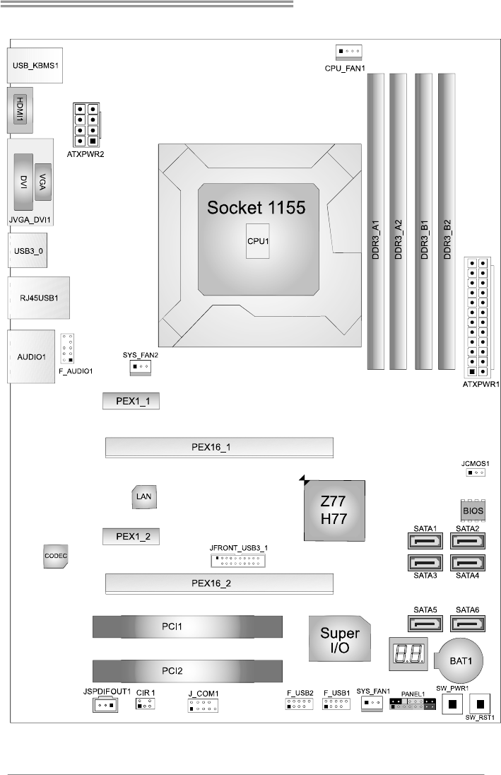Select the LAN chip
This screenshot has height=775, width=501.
(x=144, y=497)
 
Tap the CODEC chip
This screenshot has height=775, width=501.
(x=55, y=557)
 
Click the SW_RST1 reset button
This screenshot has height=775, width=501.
(x=481, y=704)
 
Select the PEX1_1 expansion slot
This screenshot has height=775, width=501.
(x=129, y=402)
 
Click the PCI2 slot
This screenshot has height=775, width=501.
(x=187, y=668)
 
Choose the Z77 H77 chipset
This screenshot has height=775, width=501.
(x=334, y=511)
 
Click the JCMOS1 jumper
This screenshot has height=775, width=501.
(x=475, y=472)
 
